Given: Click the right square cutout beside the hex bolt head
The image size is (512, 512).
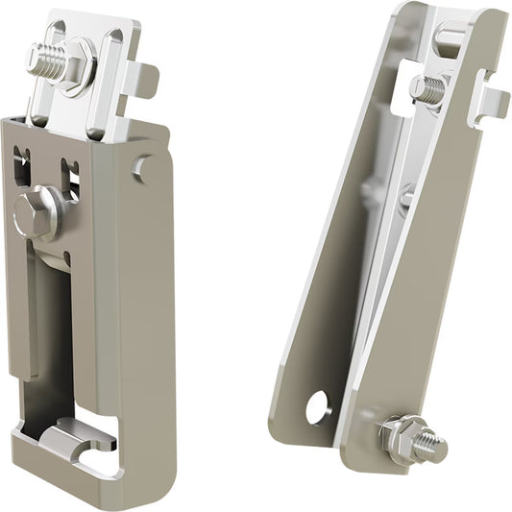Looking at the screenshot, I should coord(70,174).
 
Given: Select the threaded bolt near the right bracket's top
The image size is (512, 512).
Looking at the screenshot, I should coord(428,89).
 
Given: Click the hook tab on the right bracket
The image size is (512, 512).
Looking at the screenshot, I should coord(492,101).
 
